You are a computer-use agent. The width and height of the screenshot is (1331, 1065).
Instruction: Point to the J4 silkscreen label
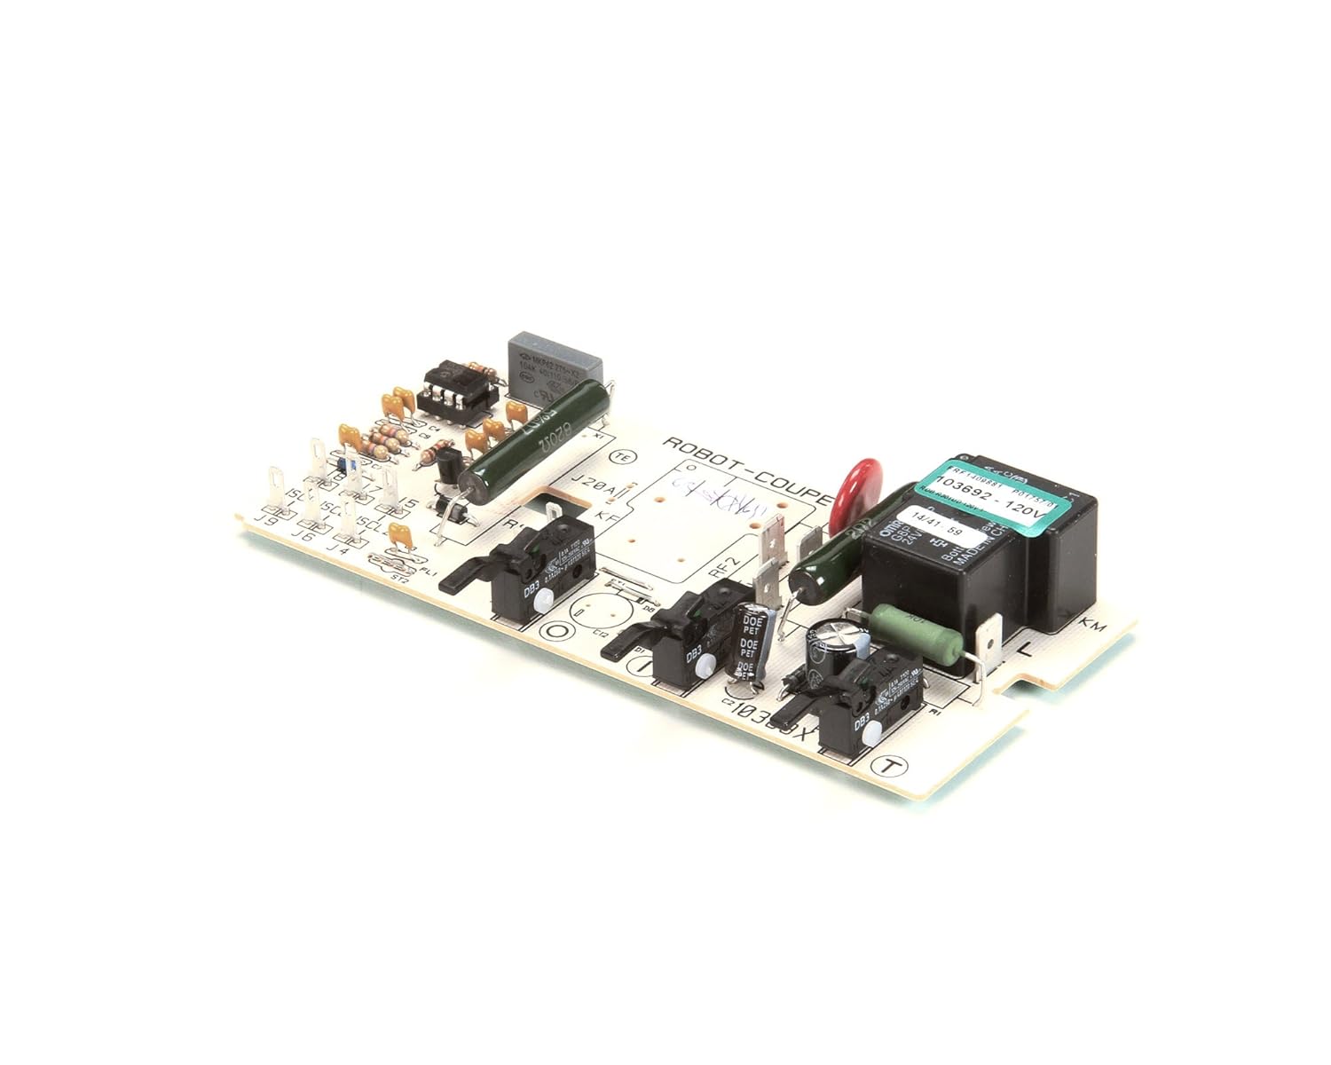click(x=338, y=548)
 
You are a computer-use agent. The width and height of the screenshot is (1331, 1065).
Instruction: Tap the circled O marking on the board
click(x=558, y=632)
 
